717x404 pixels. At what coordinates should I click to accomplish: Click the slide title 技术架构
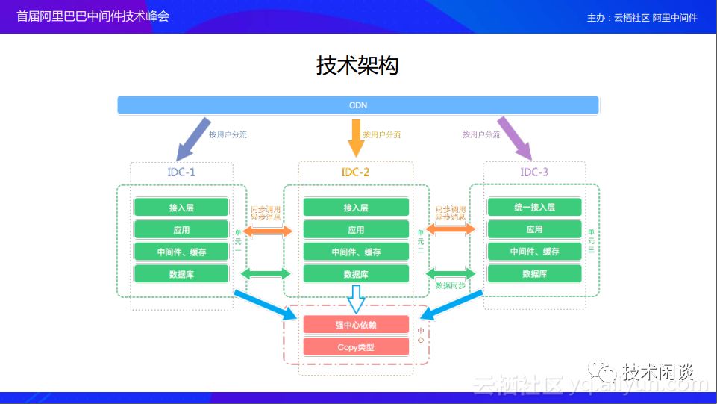pos(357,66)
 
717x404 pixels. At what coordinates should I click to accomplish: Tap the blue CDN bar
pos(358,105)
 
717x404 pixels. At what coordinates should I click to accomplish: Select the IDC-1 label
pos(181,173)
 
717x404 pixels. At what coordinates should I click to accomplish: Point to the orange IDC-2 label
pos(355,173)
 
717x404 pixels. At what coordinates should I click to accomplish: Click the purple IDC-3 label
pos(534,173)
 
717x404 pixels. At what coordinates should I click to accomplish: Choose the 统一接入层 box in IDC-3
pos(534,207)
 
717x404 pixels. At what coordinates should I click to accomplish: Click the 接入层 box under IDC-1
pos(181,207)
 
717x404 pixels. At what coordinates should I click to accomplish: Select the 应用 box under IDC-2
pos(356,229)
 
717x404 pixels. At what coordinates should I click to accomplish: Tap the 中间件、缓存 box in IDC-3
pos(534,252)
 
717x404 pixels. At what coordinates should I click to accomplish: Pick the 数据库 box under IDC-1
pos(181,274)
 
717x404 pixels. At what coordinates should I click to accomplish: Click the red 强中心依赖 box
pos(356,325)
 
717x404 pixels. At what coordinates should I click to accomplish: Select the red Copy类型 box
pos(356,347)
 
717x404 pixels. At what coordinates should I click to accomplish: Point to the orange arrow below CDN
pos(355,137)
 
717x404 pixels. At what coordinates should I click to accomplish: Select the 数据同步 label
pos(451,285)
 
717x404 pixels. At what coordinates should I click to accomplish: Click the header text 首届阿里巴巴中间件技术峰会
pos(93,16)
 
